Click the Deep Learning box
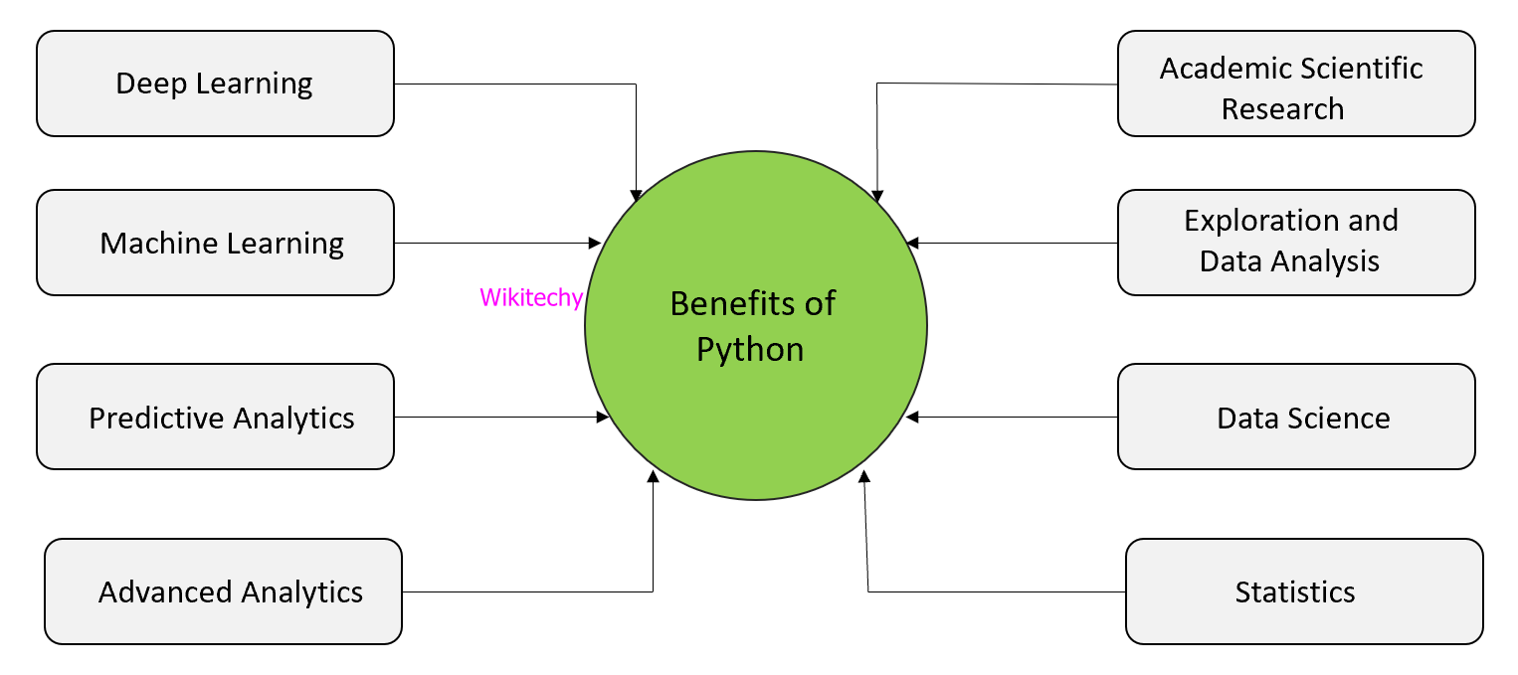(215, 84)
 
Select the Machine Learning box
(215, 243)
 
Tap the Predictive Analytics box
(215, 417)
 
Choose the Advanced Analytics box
(223, 591)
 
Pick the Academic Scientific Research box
(1295, 84)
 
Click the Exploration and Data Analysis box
(1295, 243)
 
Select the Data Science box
(1295, 417)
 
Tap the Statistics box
(1303, 591)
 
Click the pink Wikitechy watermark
(530, 297)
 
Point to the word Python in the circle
(750, 350)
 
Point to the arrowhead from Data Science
(912, 417)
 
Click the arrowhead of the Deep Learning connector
(636, 195)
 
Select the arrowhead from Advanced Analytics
(653, 478)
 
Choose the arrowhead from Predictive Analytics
(603, 417)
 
